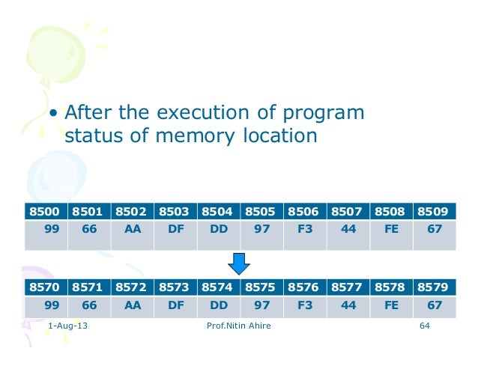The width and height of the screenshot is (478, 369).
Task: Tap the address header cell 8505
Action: pyautogui.click(x=261, y=213)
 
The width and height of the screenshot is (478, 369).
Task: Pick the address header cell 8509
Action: pyautogui.click(x=435, y=213)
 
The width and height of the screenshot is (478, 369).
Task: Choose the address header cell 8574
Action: pyautogui.click(x=218, y=286)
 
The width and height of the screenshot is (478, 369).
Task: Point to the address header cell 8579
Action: pyautogui.click(x=435, y=286)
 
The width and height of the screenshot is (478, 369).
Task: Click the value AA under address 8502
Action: pyautogui.click(x=132, y=231)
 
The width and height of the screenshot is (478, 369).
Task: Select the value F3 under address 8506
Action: pyautogui.click(x=305, y=231)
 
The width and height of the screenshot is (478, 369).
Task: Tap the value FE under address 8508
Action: pyautogui.click(x=391, y=231)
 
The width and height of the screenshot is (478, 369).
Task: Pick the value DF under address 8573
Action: pyautogui.click(x=175, y=306)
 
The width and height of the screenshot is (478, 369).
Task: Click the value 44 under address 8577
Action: pyautogui.click(x=348, y=306)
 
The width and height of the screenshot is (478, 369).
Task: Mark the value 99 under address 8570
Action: pyautogui.click(x=52, y=306)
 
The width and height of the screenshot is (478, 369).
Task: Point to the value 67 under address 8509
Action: pyautogui.click(x=435, y=231)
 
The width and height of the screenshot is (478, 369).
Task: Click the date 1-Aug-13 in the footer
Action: pyautogui.click(x=67, y=328)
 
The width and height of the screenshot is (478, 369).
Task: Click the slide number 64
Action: pyautogui.click(x=426, y=328)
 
